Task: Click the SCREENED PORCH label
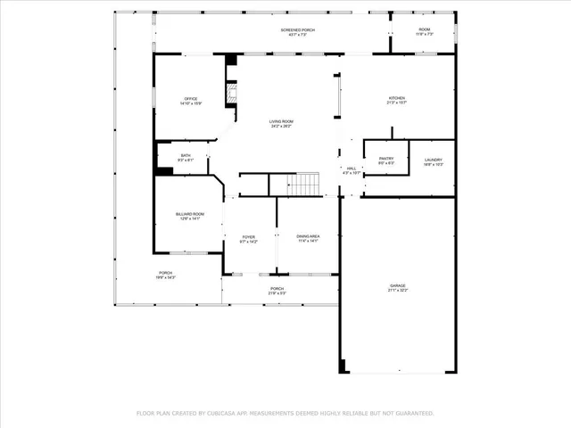click(298, 29)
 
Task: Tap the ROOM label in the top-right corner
click(425, 29)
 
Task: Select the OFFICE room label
click(190, 98)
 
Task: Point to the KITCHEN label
click(396, 98)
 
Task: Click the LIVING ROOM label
click(281, 121)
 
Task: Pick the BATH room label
click(186, 156)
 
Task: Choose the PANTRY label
click(385, 159)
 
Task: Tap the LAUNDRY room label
click(433, 159)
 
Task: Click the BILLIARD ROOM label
click(189, 214)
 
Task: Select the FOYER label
click(248, 236)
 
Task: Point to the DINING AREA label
click(307, 236)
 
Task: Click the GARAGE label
click(397, 286)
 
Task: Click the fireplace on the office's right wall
click(231, 95)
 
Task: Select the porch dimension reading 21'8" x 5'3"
click(277, 293)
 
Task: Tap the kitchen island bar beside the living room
click(336, 95)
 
